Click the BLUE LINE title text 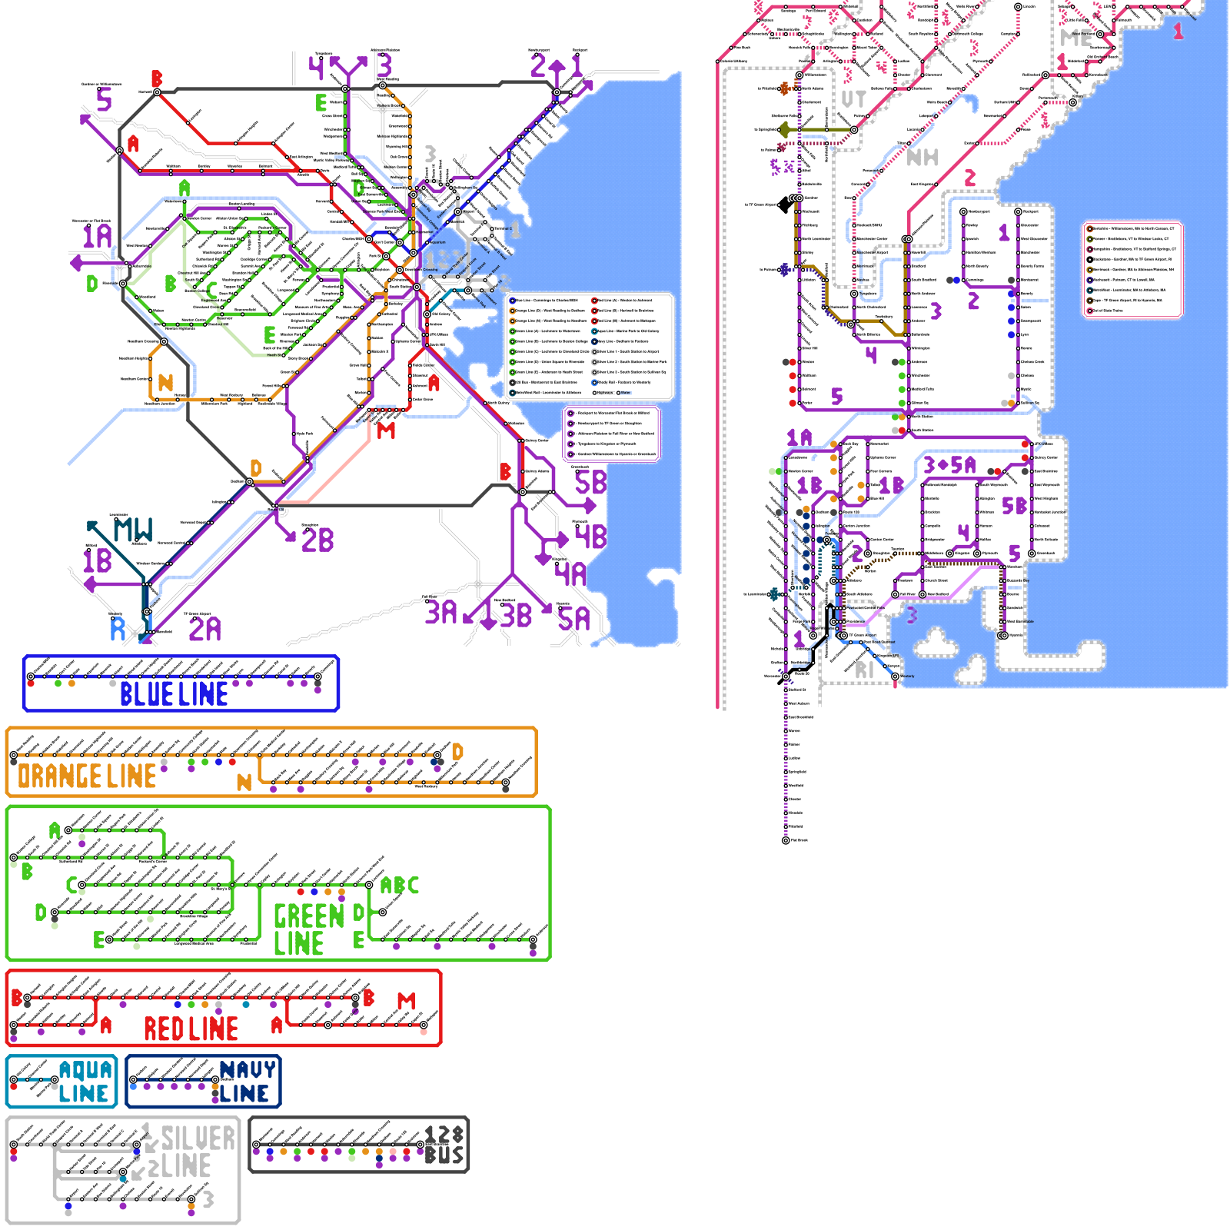(174, 694)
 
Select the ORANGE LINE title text (87, 776)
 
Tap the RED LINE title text (191, 1029)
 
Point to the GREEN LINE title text (308, 929)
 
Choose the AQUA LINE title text (85, 1082)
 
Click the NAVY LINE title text (246, 1082)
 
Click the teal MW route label (133, 530)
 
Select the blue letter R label (118, 629)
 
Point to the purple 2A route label (204, 629)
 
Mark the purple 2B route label (317, 540)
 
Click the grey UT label (853, 99)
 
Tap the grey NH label (922, 158)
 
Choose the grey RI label (865, 670)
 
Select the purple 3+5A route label (949, 465)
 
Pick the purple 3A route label (441, 613)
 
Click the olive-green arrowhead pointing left (783, 130)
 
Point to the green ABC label (400, 886)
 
